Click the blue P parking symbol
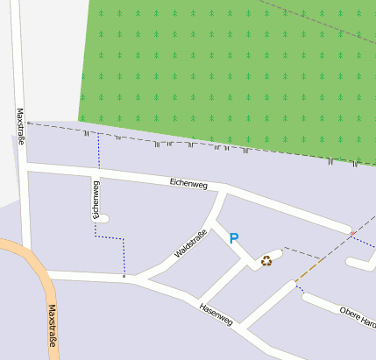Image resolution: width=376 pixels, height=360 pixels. pyautogui.click(x=233, y=237)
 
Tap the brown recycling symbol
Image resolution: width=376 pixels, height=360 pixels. pyautogui.click(x=266, y=260)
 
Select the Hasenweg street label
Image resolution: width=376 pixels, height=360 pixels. pyautogui.click(x=216, y=314)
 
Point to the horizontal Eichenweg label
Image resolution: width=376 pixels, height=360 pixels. pyautogui.click(x=188, y=183)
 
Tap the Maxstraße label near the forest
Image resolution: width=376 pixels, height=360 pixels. pyautogui.click(x=20, y=125)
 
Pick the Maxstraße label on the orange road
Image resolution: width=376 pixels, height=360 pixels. pyautogui.click(x=52, y=326)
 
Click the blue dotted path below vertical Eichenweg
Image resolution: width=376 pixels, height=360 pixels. pyautogui.click(x=110, y=237)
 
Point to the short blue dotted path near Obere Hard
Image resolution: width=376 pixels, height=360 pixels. pyautogui.click(x=300, y=288)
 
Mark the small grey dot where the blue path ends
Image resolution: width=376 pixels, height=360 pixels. pyautogui.click(x=124, y=277)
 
